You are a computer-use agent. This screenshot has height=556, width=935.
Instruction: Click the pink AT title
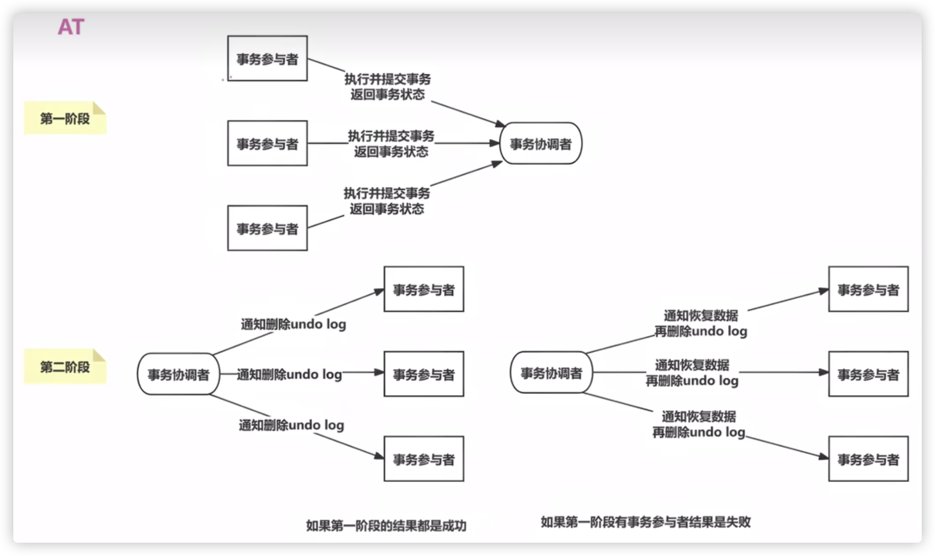(x=71, y=27)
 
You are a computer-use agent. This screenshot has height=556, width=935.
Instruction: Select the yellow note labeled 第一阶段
(x=65, y=118)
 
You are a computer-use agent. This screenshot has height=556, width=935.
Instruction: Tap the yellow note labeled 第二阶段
(x=65, y=366)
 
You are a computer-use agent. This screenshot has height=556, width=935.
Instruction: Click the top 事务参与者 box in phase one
(x=267, y=59)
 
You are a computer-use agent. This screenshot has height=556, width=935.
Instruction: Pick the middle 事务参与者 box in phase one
(x=267, y=143)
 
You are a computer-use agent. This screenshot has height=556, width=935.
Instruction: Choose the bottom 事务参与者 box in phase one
(x=267, y=228)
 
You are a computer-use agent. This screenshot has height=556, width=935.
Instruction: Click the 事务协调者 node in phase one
(x=541, y=143)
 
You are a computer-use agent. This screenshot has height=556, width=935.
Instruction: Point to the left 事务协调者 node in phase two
(x=178, y=374)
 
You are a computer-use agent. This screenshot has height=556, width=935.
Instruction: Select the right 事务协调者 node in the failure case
(x=552, y=372)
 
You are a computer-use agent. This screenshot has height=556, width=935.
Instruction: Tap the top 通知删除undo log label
(x=293, y=324)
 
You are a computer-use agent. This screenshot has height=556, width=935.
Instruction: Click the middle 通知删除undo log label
(x=289, y=374)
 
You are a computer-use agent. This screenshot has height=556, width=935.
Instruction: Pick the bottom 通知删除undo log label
(x=291, y=425)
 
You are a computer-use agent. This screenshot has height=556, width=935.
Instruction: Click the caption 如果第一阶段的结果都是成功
(x=386, y=526)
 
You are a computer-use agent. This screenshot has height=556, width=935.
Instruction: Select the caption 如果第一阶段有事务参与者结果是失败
(x=646, y=522)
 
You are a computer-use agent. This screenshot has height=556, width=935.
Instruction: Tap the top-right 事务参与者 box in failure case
(x=868, y=289)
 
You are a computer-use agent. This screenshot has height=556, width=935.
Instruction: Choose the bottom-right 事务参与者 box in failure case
(x=868, y=459)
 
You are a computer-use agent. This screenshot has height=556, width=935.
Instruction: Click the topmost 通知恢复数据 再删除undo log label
(x=701, y=323)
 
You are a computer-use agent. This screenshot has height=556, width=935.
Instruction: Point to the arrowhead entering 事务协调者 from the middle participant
(x=494, y=143)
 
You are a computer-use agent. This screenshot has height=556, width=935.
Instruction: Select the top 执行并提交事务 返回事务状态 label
(x=387, y=87)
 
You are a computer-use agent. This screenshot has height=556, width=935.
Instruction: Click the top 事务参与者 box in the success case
(x=424, y=289)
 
